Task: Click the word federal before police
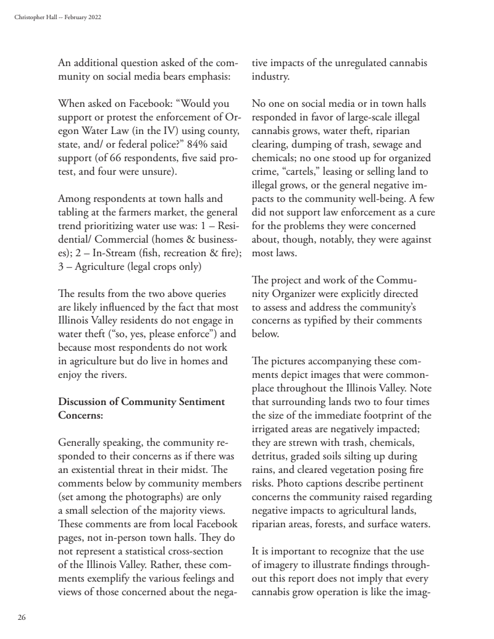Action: coord(138,144)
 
